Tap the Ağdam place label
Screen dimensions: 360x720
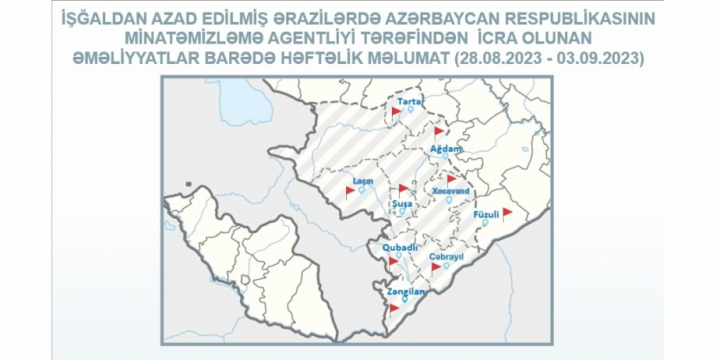[445, 148]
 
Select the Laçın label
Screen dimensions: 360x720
[364, 182]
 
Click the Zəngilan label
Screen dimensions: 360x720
[405, 291]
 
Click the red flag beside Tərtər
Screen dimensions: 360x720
[396, 113]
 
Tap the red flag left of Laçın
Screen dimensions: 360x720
[350, 190]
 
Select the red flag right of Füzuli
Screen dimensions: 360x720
[507, 212]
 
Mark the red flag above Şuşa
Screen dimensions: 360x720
[403, 187]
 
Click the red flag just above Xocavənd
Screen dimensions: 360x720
[452, 178]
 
